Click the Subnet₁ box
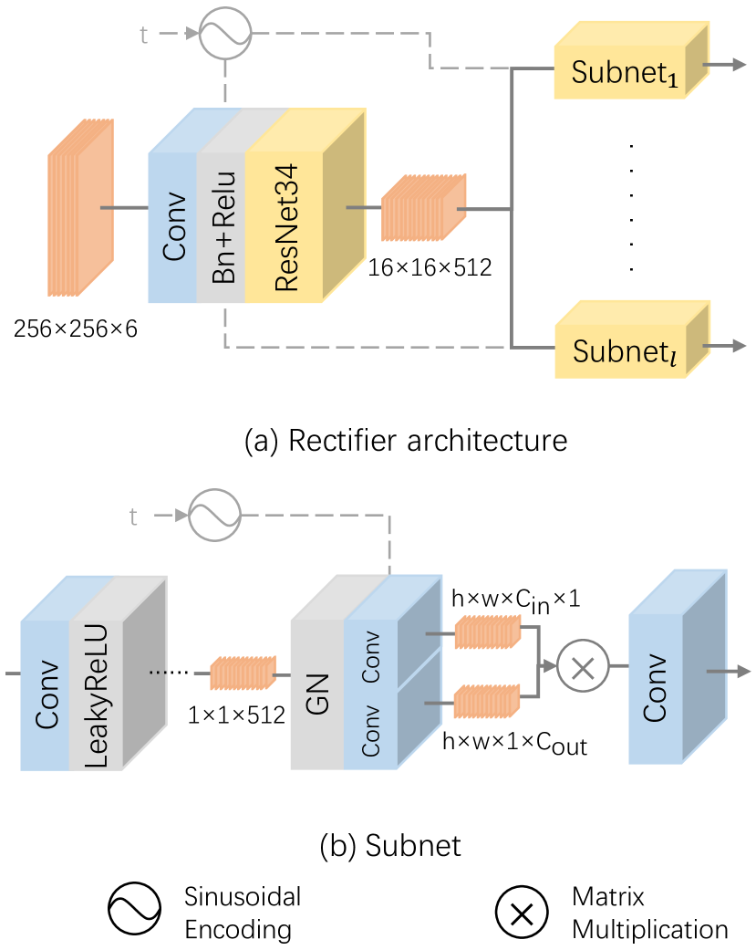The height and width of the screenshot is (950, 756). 620,72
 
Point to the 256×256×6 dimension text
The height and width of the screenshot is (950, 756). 75,329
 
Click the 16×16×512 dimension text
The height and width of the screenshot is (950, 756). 430,268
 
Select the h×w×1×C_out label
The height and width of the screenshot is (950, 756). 514,746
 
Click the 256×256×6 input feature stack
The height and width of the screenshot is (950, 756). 80,209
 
